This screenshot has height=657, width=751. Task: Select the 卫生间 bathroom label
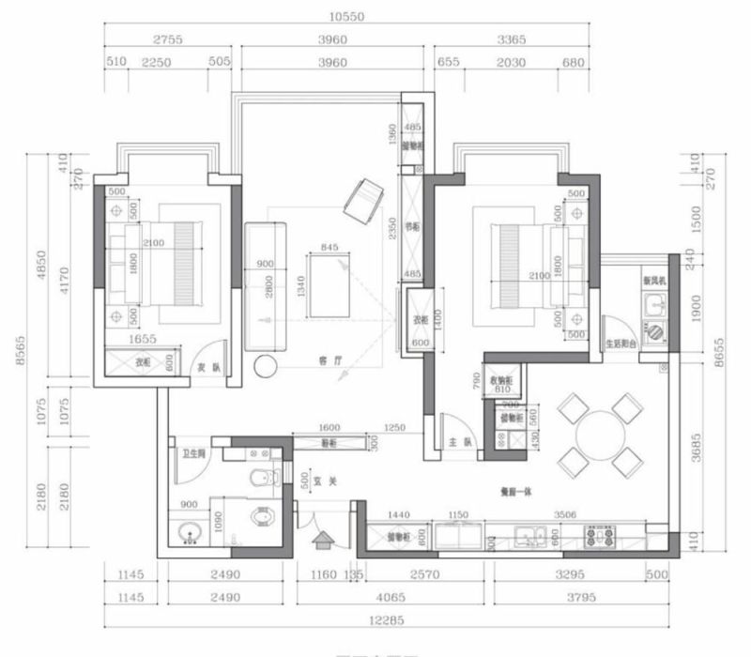coord(193,454)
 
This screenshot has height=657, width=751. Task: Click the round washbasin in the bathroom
coord(191,535)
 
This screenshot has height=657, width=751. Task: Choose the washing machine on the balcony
coord(652,330)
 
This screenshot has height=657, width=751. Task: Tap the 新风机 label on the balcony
coord(653,281)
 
